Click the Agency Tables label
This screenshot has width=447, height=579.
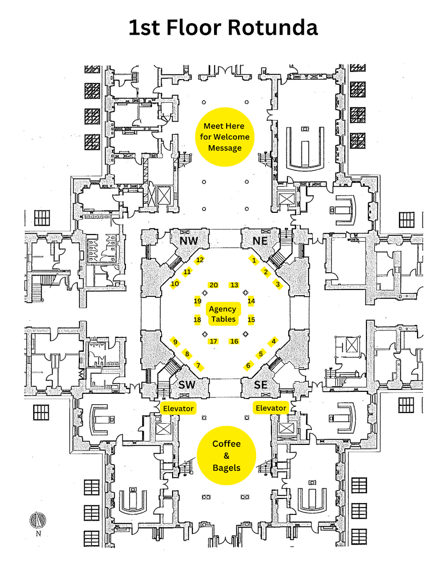tap(223, 314)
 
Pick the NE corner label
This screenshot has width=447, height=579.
tap(260, 241)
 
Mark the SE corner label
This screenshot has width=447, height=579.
tap(261, 385)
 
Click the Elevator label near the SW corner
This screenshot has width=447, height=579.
tap(178, 408)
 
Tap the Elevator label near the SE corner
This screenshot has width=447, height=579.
tap(271, 408)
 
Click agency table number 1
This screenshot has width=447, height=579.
tap(254, 260)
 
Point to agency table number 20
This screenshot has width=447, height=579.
tap(214, 285)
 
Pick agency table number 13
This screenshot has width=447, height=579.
tap(234, 285)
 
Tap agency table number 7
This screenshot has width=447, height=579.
tap(198, 365)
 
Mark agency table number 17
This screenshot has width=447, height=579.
tap(214, 342)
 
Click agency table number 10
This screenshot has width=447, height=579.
tap(175, 284)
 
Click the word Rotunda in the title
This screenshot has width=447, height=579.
tap(273, 28)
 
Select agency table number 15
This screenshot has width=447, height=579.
tap(251, 319)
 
